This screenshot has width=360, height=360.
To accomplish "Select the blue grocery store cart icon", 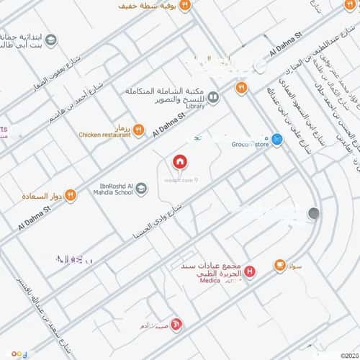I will [x=277, y=138].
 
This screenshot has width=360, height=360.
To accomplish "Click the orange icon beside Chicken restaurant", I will [x=139, y=130].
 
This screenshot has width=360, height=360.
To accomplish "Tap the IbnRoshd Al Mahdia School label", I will [x=113, y=189].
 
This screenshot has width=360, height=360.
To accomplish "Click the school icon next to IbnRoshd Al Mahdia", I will [x=141, y=189].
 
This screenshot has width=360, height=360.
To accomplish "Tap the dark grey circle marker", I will [x=313, y=213].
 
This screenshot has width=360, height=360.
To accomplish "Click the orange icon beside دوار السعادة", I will [x=71, y=195].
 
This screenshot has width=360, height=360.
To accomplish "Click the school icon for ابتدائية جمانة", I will [x=50, y=40].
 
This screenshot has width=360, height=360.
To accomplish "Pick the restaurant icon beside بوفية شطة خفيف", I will [x=184, y=6].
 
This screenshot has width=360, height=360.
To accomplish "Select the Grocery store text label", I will [x=251, y=143].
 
